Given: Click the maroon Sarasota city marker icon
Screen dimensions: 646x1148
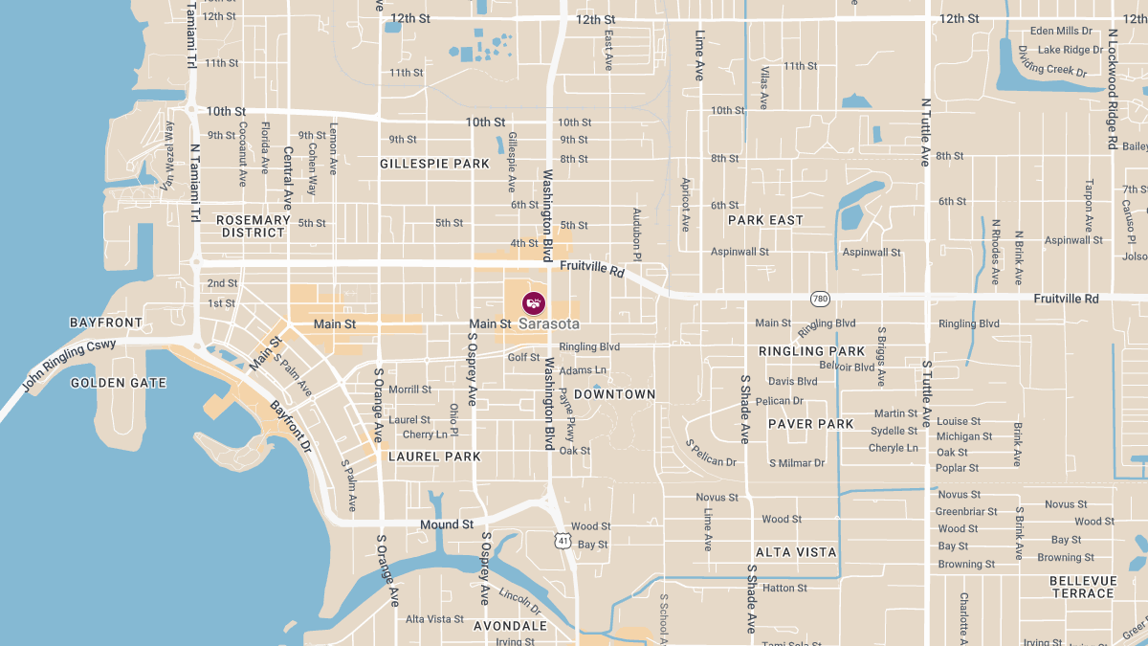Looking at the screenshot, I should click(x=534, y=303).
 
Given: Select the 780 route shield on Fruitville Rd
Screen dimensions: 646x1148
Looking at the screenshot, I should click(x=819, y=299).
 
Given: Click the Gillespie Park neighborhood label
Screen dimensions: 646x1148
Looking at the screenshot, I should click(x=434, y=164).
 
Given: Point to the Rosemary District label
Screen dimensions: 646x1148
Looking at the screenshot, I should click(x=254, y=226).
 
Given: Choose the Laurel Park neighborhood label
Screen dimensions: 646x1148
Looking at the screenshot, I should click(x=434, y=457).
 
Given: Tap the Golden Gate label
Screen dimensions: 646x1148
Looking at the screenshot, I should click(x=119, y=383).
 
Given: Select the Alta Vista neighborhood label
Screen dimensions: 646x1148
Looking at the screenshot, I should click(x=796, y=552).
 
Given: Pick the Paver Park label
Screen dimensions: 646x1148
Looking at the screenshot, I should click(x=810, y=424).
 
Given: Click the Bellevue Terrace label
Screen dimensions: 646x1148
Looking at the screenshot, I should click(x=1083, y=587).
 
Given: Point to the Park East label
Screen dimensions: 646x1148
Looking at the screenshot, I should click(x=765, y=220).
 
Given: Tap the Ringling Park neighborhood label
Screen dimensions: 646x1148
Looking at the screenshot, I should click(x=811, y=351).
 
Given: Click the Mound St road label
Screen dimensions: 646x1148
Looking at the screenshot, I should click(x=447, y=524).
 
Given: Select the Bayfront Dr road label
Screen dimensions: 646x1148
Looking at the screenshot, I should click(x=290, y=427).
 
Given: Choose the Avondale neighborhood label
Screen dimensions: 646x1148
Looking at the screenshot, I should click(x=510, y=626).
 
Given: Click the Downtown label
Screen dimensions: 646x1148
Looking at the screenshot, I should click(x=614, y=394).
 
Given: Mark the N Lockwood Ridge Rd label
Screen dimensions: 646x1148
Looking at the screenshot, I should click(x=1113, y=88).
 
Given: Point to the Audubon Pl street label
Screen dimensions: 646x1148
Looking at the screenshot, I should click(x=636, y=232).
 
